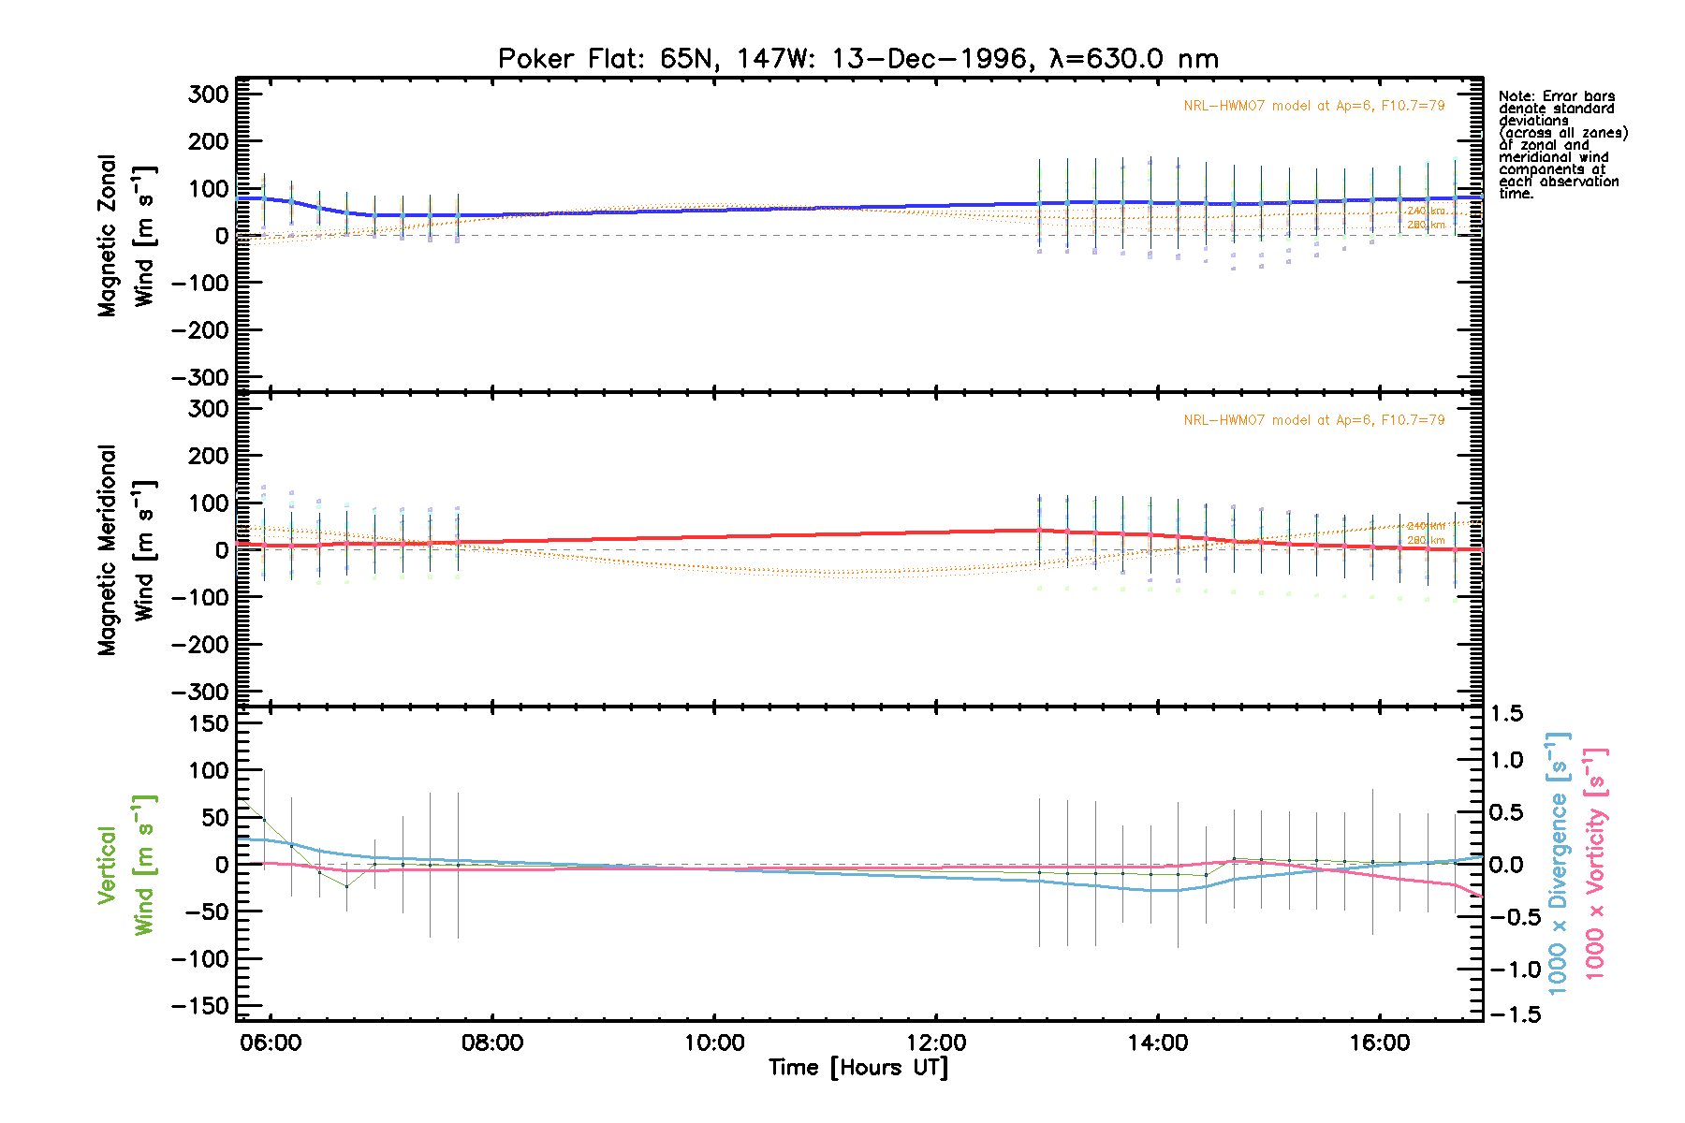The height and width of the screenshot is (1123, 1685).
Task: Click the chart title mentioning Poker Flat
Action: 857,59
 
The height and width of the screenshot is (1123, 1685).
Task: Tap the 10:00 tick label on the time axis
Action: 714,1043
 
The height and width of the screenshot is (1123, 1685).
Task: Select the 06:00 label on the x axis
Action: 271,1043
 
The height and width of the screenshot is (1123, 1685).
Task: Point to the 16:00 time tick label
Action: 1380,1043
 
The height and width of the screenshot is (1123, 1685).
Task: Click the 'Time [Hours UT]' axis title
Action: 857,1068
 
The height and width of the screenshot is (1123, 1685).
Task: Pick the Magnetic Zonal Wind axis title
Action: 126,236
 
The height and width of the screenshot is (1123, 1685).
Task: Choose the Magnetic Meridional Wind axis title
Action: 126,550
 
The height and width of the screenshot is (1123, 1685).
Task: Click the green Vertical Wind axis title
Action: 126,865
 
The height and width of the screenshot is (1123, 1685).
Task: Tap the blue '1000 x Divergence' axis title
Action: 1558,863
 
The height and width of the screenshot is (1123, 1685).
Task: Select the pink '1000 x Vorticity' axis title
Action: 1595,863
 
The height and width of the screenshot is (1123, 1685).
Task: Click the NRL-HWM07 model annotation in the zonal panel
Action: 1313,106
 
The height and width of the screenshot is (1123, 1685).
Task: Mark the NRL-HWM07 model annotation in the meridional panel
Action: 1313,420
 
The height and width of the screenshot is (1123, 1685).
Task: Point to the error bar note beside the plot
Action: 1562,144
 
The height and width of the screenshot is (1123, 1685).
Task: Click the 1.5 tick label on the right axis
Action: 1507,714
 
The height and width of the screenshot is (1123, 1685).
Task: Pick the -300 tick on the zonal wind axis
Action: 199,378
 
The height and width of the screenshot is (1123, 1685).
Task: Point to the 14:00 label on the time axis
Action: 1158,1043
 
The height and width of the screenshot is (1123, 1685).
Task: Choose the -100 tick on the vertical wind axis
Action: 199,959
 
